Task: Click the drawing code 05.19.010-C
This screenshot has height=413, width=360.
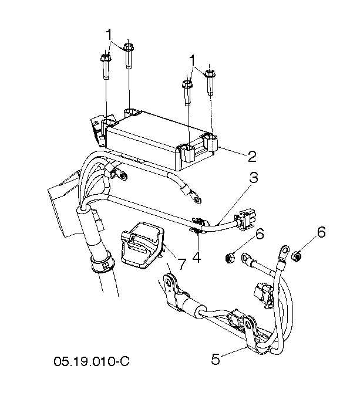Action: pyautogui.click(x=92, y=361)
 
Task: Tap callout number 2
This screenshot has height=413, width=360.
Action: pyautogui.click(x=252, y=157)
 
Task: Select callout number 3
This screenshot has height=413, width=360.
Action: pyautogui.click(x=254, y=178)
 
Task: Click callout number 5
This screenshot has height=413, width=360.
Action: pyautogui.click(x=216, y=359)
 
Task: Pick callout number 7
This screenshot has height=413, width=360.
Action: pyautogui.click(x=181, y=264)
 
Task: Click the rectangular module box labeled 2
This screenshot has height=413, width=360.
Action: pyautogui.click(x=161, y=140)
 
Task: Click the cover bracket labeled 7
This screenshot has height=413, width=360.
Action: pyautogui.click(x=143, y=245)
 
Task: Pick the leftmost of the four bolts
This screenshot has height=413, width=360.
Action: pyautogui.click(x=106, y=66)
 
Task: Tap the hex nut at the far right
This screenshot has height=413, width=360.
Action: pyautogui.click(x=297, y=256)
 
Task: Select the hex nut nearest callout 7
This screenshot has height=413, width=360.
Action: pyautogui.click(x=230, y=258)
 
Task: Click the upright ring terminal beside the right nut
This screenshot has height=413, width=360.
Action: pyautogui.click(x=284, y=252)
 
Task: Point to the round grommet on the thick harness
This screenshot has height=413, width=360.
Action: pyautogui.click(x=103, y=263)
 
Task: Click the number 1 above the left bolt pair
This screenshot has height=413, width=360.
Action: pyautogui.click(x=109, y=35)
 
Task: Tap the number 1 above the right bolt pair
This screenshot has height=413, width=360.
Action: pyautogui.click(x=193, y=60)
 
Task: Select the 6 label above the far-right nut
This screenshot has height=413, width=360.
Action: pyautogui.click(x=321, y=232)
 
